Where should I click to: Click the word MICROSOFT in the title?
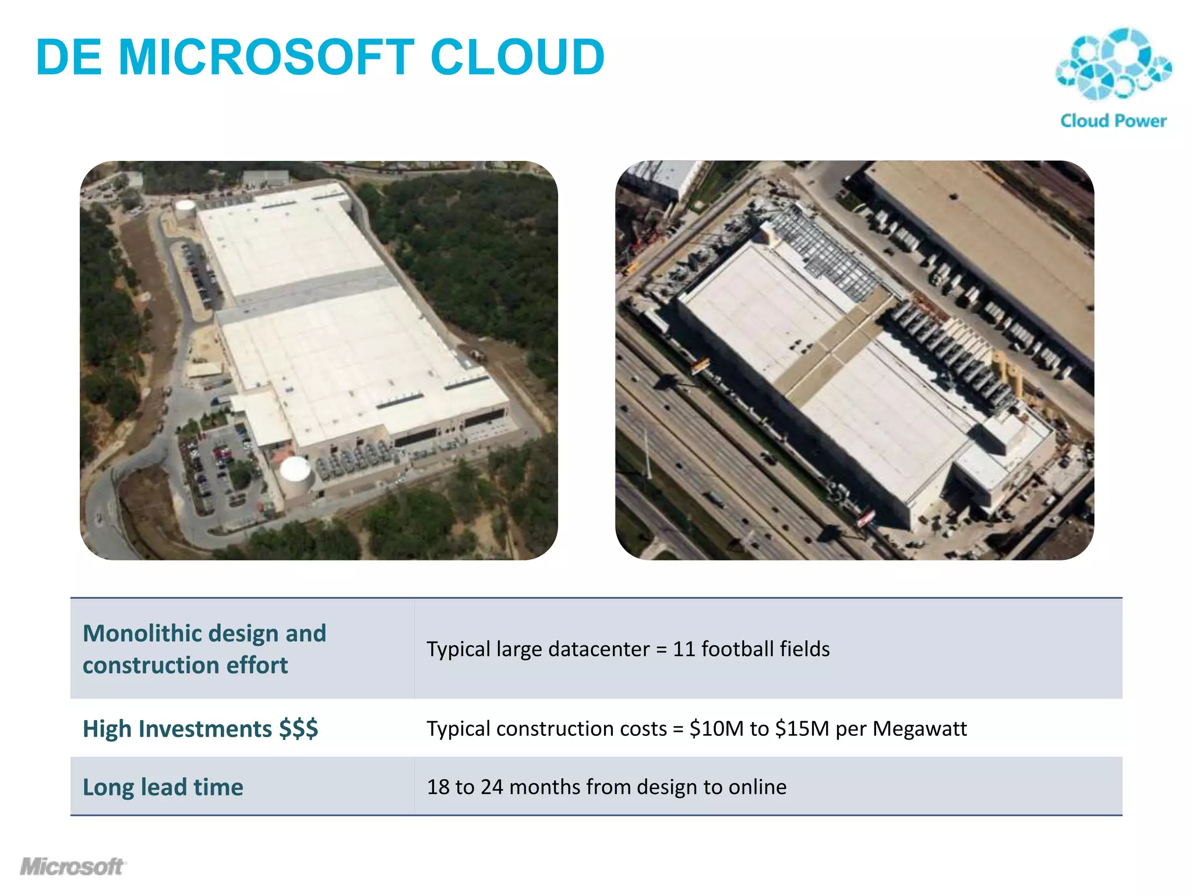[x=266, y=57]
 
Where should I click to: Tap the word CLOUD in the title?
[x=517, y=57]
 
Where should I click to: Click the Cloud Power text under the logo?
[x=1113, y=121]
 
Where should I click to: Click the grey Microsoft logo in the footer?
[x=72, y=866]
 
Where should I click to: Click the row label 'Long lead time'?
[x=163, y=787]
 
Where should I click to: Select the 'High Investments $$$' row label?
[x=200, y=728]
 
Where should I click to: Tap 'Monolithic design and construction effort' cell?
[x=204, y=649]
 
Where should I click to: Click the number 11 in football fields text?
[x=684, y=649]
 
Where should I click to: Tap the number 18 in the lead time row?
[x=438, y=787]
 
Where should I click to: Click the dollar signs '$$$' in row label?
[x=298, y=728]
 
